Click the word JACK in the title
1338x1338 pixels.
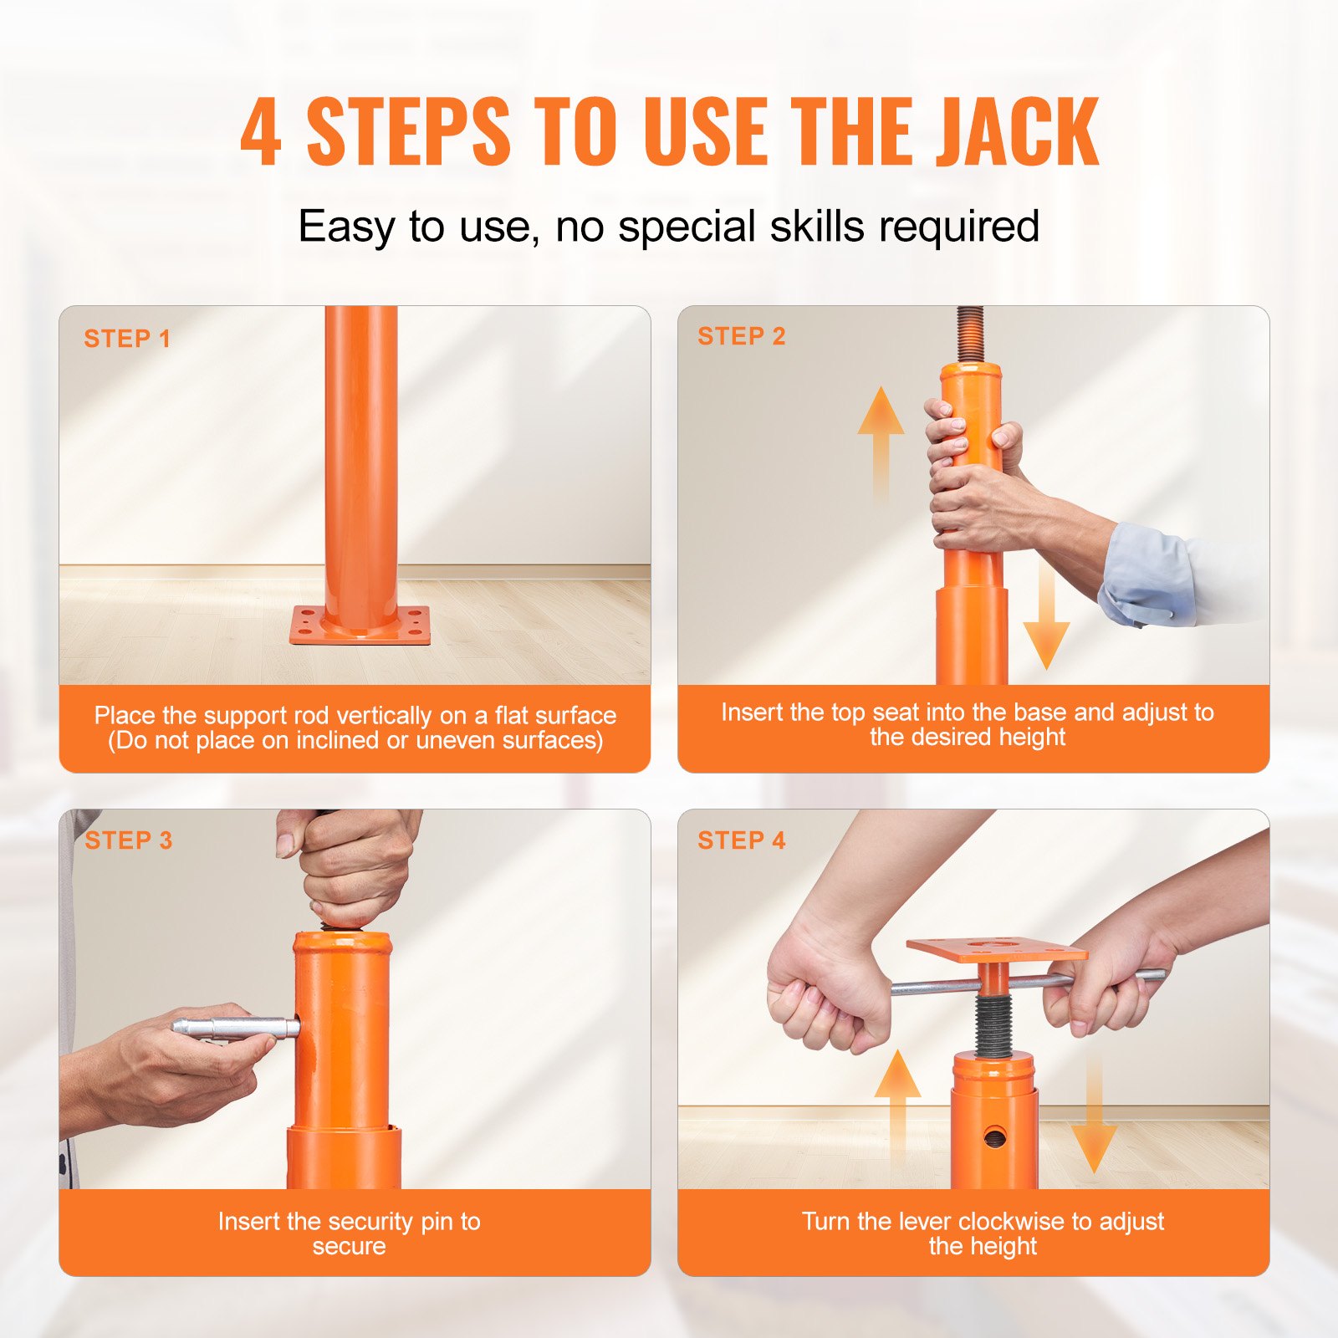coord(1016,132)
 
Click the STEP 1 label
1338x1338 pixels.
coord(127,339)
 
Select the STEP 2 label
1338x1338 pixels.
coord(742,336)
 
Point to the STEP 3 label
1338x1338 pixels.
coord(129,840)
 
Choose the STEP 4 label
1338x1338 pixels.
coord(742,840)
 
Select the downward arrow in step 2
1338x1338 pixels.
coord(1046,619)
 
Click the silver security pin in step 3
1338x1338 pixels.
coord(234,1028)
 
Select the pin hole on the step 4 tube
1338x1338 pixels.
coord(995,1136)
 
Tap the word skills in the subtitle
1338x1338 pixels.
coord(819,227)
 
